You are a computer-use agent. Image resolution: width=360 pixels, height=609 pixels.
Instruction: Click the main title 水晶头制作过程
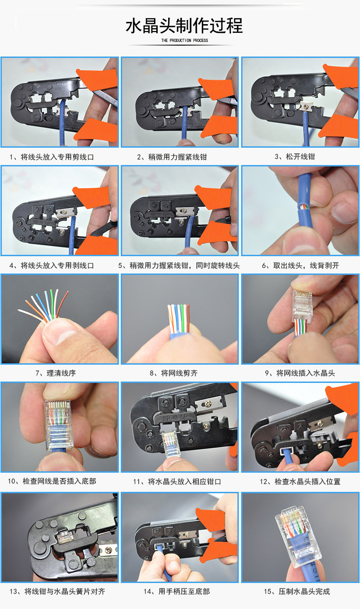click(x=184, y=26)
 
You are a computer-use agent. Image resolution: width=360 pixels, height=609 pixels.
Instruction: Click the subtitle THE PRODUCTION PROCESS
click(x=185, y=41)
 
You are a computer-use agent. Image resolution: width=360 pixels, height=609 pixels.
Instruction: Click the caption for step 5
click(x=179, y=266)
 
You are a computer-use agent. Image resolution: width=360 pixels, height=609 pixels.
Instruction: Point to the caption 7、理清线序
click(x=56, y=373)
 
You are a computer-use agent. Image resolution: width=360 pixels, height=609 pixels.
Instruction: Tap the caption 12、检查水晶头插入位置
click(x=300, y=482)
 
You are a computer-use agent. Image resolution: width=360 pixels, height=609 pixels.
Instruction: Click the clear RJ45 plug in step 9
click(x=302, y=303)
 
